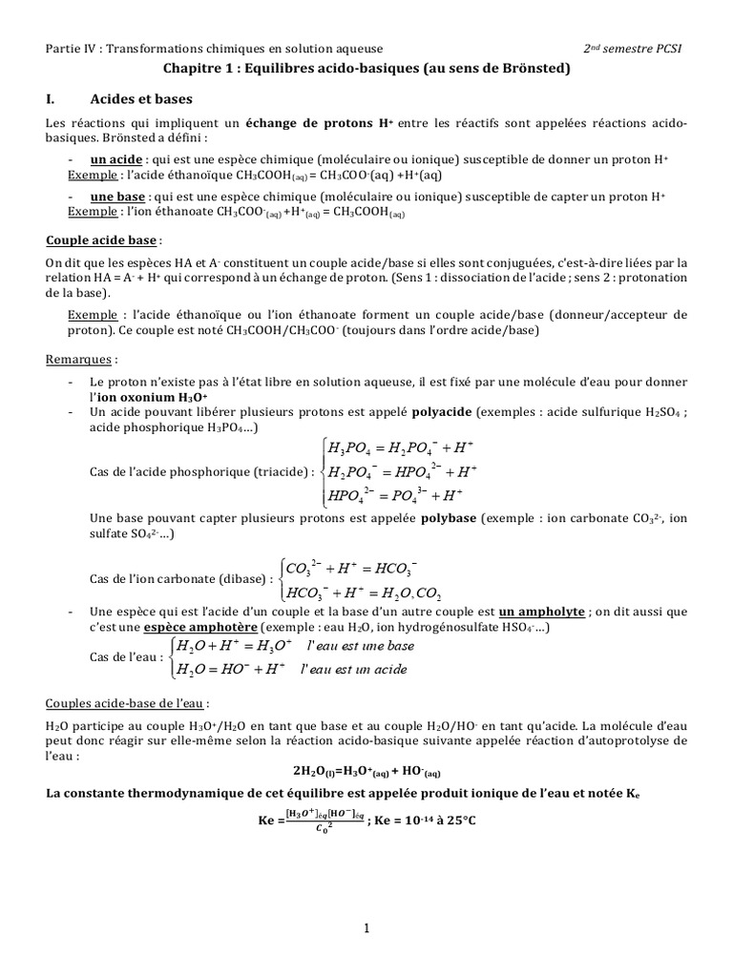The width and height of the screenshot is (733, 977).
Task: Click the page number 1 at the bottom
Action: click(366, 927)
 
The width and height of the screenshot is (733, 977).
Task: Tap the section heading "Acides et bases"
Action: click(141, 99)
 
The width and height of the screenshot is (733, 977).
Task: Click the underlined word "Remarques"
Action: click(81, 362)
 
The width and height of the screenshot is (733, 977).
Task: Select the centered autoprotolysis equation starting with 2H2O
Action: click(366, 771)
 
